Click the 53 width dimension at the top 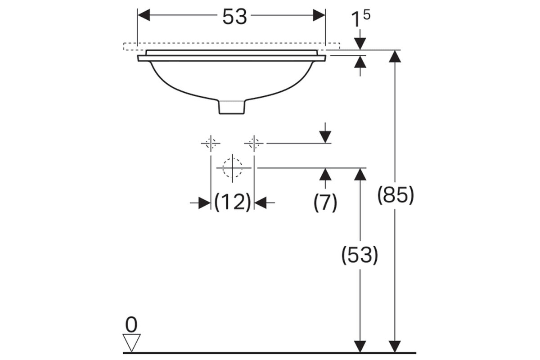pyautogui.click(x=234, y=17)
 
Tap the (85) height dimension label pyautogui.click(x=396, y=195)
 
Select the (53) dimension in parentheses pyautogui.click(x=360, y=255)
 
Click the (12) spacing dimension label pyautogui.click(x=233, y=202)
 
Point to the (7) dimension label pyautogui.click(x=325, y=202)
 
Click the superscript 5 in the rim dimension pyautogui.click(x=366, y=15)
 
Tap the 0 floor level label pyautogui.click(x=131, y=325)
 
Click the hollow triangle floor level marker pyautogui.click(x=131, y=342)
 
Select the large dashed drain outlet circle pyautogui.click(x=232, y=168)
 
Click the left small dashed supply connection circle pyautogui.click(x=211, y=144)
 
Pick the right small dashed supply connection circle pyautogui.click(x=254, y=144)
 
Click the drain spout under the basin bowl pyautogui.click(x=232, y=107)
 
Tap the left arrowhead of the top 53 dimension pyautogui.click(x=144, y=15)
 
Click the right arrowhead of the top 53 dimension pyautogui.click(x=319, y=15)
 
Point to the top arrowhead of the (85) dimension pyautogui.click(x=395, y=56)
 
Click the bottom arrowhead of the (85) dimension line pyautogui.click(x=395, y=347)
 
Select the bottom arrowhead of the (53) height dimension pyautogui.click(x=360, y=347)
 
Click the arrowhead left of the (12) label pyautogui.click(x=205, y=203)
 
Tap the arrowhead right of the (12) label pyautogui.click(x=260, y=203)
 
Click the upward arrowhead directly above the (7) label pyautogui.click(x=325, y=174)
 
